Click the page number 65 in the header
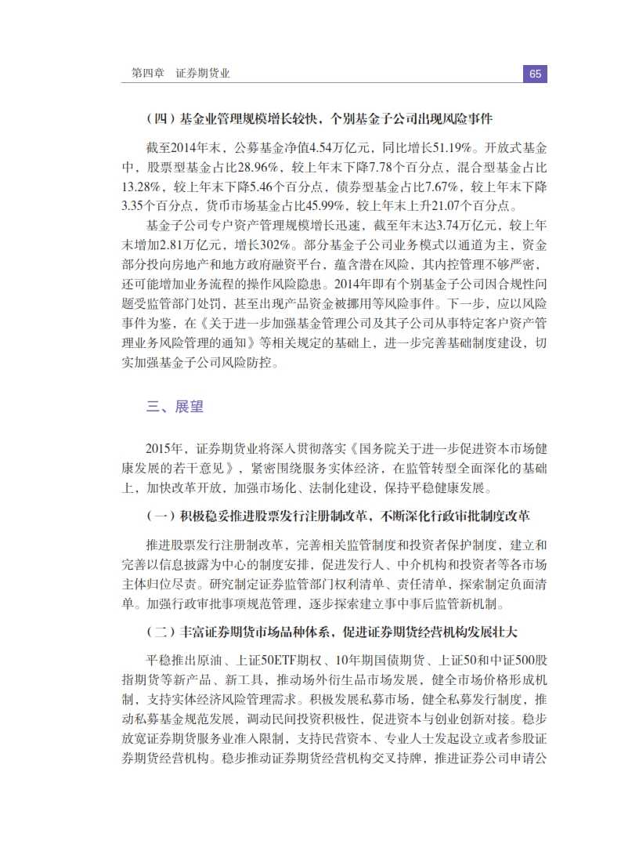(x=535, y=74)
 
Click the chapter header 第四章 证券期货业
(x=180, y=74)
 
